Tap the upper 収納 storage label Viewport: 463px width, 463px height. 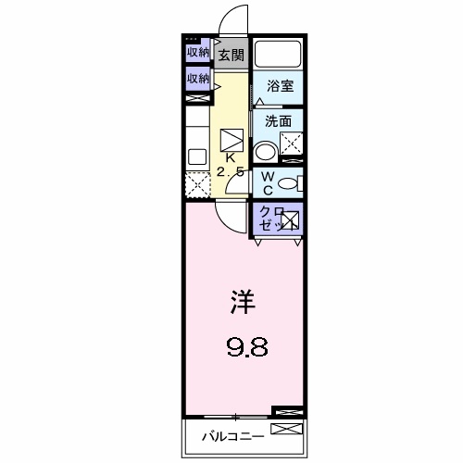pyautogui.click(x=197, y=53)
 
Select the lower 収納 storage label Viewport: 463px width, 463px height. pyautogui.click(x=197, y=80)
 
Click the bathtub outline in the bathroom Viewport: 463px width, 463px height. pyautogui.click(x=279, y=56)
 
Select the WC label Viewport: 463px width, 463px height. pyautogui.click(x=265, y=182)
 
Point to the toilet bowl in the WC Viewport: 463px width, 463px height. pyautogui.click(x=289, y=183)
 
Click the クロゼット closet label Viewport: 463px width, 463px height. pyautogui.click(x=270, y=219)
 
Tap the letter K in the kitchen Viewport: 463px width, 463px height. pyautogui.click(x=230, y=157)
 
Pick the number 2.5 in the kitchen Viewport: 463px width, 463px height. pyautogui.click(x=231, y=172)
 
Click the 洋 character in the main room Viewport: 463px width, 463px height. pyautogui.click(x=244, y=302)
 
